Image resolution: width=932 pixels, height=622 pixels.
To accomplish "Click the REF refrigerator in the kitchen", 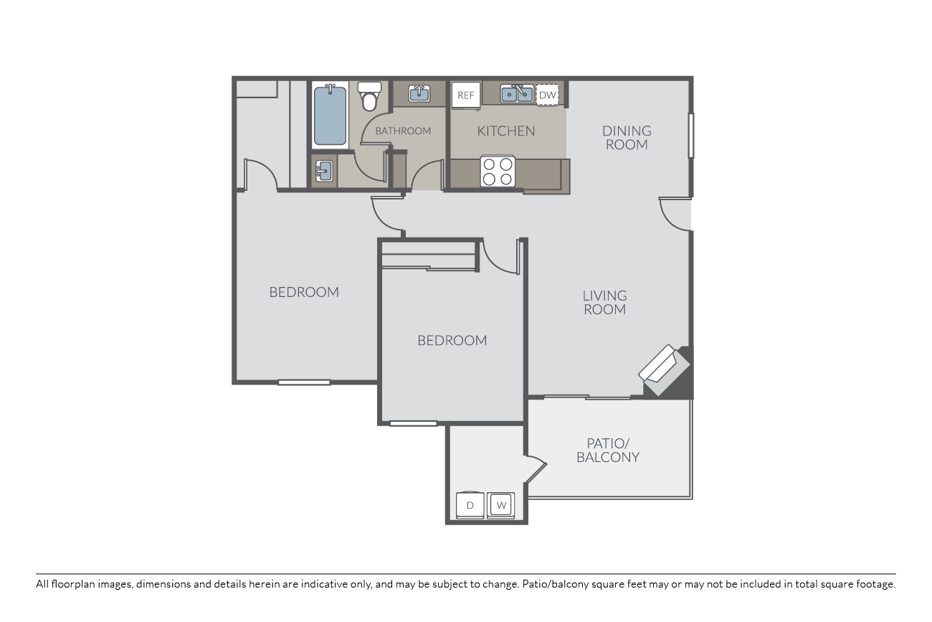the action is coord(466,95).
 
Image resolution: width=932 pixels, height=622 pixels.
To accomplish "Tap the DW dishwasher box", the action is coord(547,95).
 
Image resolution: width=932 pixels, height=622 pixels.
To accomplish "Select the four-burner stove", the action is coord(498,171).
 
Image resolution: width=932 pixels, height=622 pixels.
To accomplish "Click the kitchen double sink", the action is coord(517,94).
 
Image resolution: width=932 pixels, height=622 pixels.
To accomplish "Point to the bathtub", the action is coord(330,115).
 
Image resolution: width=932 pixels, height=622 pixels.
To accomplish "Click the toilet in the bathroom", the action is coord(369,97).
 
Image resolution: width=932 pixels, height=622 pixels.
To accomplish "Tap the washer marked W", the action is coord(501,506).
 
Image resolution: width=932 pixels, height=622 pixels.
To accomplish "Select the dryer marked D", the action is coord(470,506).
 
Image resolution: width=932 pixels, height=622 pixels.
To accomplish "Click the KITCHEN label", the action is coord(506,131).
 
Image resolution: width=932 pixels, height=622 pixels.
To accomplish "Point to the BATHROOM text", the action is coord(403,131).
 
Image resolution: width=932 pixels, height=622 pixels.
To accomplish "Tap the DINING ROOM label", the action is coord(627,138).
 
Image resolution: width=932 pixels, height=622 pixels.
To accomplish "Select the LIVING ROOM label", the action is coord(604,302).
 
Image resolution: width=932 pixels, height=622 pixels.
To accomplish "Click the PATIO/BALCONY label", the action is coord(608,450).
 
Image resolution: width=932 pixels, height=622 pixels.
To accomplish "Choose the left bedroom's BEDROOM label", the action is coord(304,292).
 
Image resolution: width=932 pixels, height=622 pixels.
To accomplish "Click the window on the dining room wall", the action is coord(691,136).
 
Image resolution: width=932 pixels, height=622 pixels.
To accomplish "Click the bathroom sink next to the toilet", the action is coord(419,93).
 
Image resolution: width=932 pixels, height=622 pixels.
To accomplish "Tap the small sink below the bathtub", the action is coord(324,171).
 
